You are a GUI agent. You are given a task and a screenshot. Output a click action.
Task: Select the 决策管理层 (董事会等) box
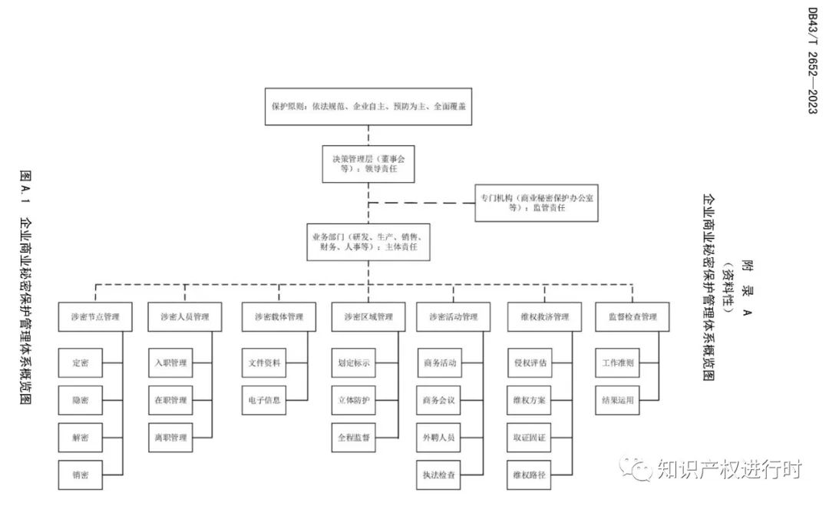368,163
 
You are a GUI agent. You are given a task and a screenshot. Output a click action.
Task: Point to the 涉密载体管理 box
279,316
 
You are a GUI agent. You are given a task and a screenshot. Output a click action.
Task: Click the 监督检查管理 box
632,316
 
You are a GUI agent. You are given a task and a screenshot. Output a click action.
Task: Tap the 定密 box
80,362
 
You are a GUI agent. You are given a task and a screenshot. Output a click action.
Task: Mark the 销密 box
80,475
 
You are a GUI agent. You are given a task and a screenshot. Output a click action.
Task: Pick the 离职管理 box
170,438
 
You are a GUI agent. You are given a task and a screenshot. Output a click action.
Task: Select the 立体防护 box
354,400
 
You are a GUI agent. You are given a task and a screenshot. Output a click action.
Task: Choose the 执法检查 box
440,475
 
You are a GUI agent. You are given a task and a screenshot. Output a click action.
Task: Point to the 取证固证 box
530,438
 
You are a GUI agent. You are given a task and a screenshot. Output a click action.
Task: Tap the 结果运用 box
618,400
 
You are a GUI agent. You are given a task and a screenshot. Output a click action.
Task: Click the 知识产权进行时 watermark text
728,468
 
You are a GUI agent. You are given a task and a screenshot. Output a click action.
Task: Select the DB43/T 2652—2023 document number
812,61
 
